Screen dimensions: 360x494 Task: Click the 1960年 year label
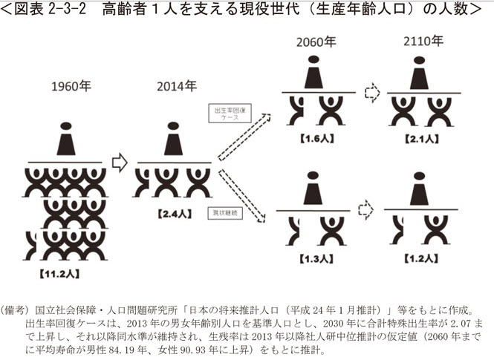pos(71,86)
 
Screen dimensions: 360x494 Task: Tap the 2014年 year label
pos(176,86)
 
